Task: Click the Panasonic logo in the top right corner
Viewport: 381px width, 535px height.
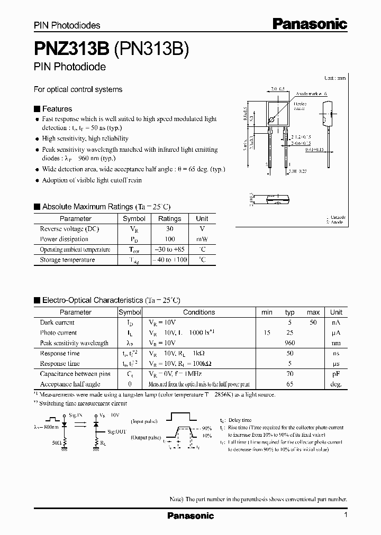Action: coord(310,23)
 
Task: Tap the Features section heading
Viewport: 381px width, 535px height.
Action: coord(57,109)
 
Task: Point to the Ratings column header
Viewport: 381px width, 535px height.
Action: coord(169,218)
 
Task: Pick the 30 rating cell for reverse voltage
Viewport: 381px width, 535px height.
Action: coord(169,229)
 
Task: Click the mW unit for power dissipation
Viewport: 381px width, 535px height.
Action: coord(202,239)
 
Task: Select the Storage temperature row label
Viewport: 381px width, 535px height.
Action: coord(67,260)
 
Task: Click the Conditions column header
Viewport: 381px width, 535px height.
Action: coord(199,312)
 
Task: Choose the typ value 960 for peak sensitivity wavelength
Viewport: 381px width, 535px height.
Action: coord(289,343)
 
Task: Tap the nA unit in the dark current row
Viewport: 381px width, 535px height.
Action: coord(335,322)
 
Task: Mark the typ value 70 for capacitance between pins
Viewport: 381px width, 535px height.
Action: coord(289,374)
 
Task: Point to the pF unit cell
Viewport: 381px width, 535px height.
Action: coord(335,374)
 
